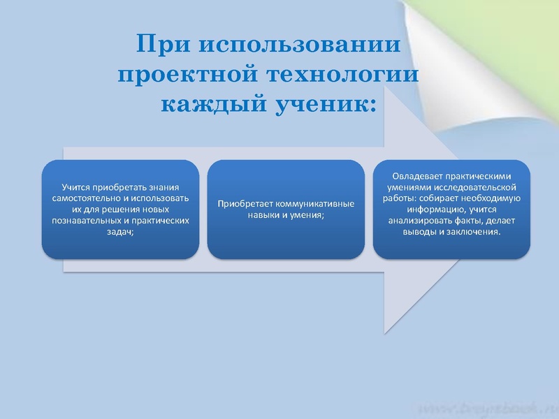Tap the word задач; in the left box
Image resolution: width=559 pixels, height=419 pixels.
pos(121,232)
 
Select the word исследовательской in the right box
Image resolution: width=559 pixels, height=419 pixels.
pos(480,188)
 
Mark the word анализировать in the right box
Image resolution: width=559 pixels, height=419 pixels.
pos(421,221)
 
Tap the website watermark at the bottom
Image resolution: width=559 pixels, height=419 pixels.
pos(489,406)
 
